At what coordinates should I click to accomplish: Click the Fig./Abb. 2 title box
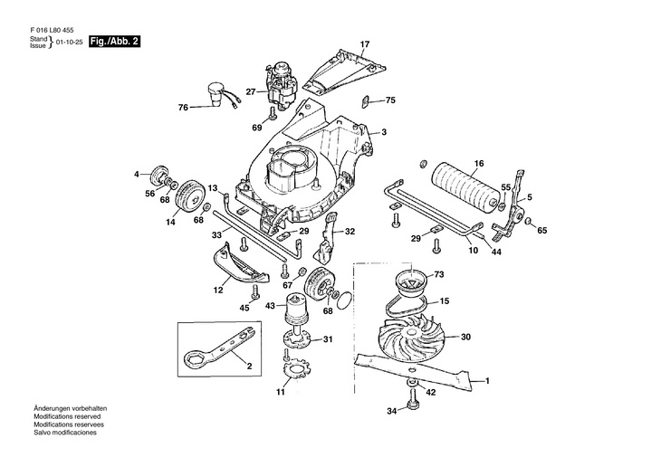pos(114,42)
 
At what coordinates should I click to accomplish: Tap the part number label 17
pos(365,43)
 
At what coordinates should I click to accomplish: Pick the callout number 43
pos(270,306)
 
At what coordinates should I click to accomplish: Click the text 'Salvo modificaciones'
pos(65,433)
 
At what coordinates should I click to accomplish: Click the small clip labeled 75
pos(366,101)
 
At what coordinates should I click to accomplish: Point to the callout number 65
pos(542,231)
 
